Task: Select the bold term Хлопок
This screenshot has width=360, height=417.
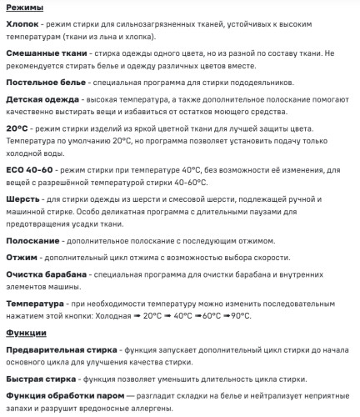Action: pos(24,25)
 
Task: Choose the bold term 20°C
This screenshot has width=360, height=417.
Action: pos(17,128)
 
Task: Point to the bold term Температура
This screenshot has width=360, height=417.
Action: pos(35,304)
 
